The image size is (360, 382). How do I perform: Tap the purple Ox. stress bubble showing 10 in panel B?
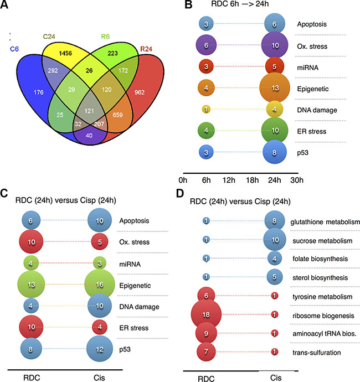pos(275,45)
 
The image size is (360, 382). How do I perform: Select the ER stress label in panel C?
pos(133,328)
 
